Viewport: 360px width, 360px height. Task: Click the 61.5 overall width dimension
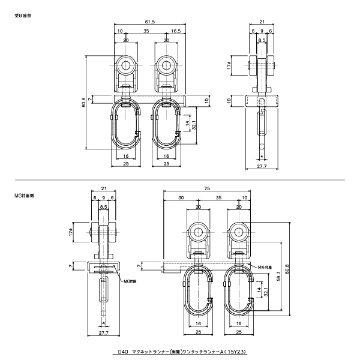[149, 22]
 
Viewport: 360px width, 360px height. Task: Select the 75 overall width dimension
[207, 188]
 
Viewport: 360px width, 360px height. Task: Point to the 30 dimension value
[181, 197]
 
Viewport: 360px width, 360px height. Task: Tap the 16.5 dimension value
[176, 31]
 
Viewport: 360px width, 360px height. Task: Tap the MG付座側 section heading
[25, 196]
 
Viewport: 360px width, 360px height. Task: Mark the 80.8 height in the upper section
[83, 103]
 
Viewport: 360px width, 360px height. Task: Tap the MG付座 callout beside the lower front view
[265, 267]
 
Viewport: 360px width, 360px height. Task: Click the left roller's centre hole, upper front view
[126, 65]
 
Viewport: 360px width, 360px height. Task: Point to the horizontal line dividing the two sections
[180, 179]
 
